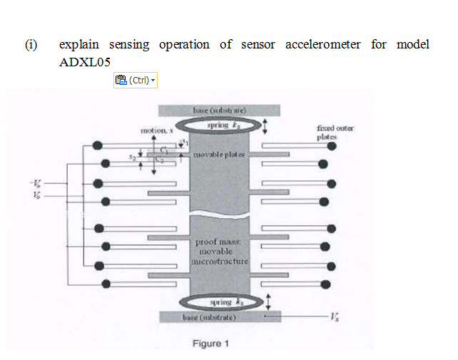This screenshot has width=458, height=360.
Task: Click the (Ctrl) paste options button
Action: (x=136, y=81)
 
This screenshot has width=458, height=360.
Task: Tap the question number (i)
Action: (x=31, y=45)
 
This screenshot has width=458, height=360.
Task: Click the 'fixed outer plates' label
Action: (x=335, y=132)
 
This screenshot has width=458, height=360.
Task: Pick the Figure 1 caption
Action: (x=210, y=344)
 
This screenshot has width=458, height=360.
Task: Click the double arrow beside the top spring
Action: (x=266, y=127)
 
